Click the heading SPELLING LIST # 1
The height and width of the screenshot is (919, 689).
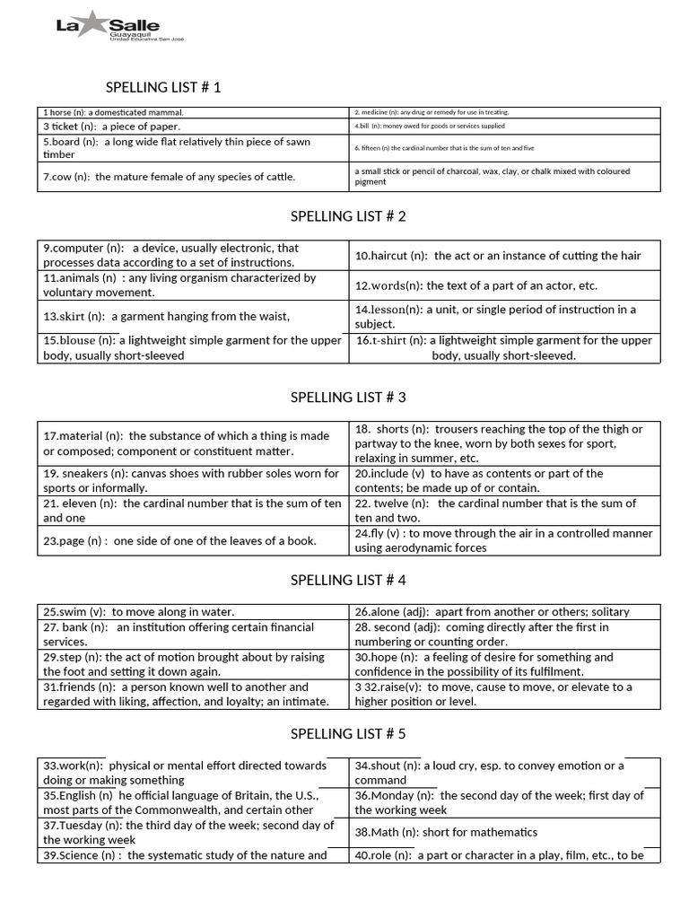pos(162,87)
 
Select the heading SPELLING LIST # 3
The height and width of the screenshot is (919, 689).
pos(348,397)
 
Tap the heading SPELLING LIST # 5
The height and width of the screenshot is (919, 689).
pos(348,733)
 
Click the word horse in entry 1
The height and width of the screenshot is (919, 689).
pos(63,112)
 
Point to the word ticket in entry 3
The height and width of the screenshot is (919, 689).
pos(65,127)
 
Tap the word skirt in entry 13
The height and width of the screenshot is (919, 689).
pos(71,316)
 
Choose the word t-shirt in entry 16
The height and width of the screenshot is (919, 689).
pos(388,340)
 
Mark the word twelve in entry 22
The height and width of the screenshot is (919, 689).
pos(391,503)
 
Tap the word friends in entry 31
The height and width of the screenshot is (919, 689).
pos(76,687)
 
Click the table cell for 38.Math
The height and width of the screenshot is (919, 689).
pos(504,832)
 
